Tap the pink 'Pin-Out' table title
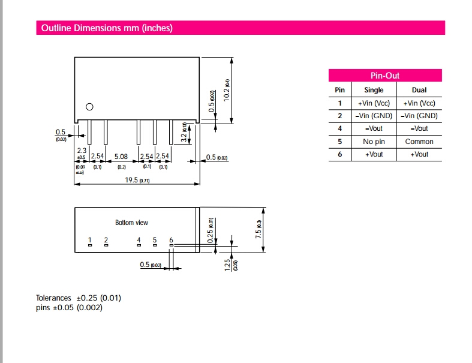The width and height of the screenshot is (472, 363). pos(384,76)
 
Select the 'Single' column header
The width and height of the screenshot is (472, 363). pos(374,90)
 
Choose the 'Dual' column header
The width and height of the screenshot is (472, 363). pos(419,90)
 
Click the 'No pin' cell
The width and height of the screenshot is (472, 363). pos(374,142)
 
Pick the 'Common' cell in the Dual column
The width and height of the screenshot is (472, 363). pos(419,142)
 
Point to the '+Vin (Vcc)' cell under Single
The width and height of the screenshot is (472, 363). pos(374,103)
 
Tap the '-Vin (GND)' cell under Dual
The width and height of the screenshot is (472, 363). pos(419,116)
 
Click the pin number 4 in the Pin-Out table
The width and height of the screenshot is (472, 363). pos(339,128)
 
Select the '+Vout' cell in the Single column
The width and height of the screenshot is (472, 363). pos(374,154)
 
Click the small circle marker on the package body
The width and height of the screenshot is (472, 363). pos(89,107)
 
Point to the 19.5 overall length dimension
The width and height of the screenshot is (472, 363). pos(133,180)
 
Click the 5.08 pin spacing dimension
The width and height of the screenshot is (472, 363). pos(121,157)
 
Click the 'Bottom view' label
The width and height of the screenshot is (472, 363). pos(131,223)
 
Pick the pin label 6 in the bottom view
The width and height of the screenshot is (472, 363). pos(171,240)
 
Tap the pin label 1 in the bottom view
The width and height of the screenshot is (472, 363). pos(90,240)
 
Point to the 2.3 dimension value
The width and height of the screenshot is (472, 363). pos(81,151)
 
